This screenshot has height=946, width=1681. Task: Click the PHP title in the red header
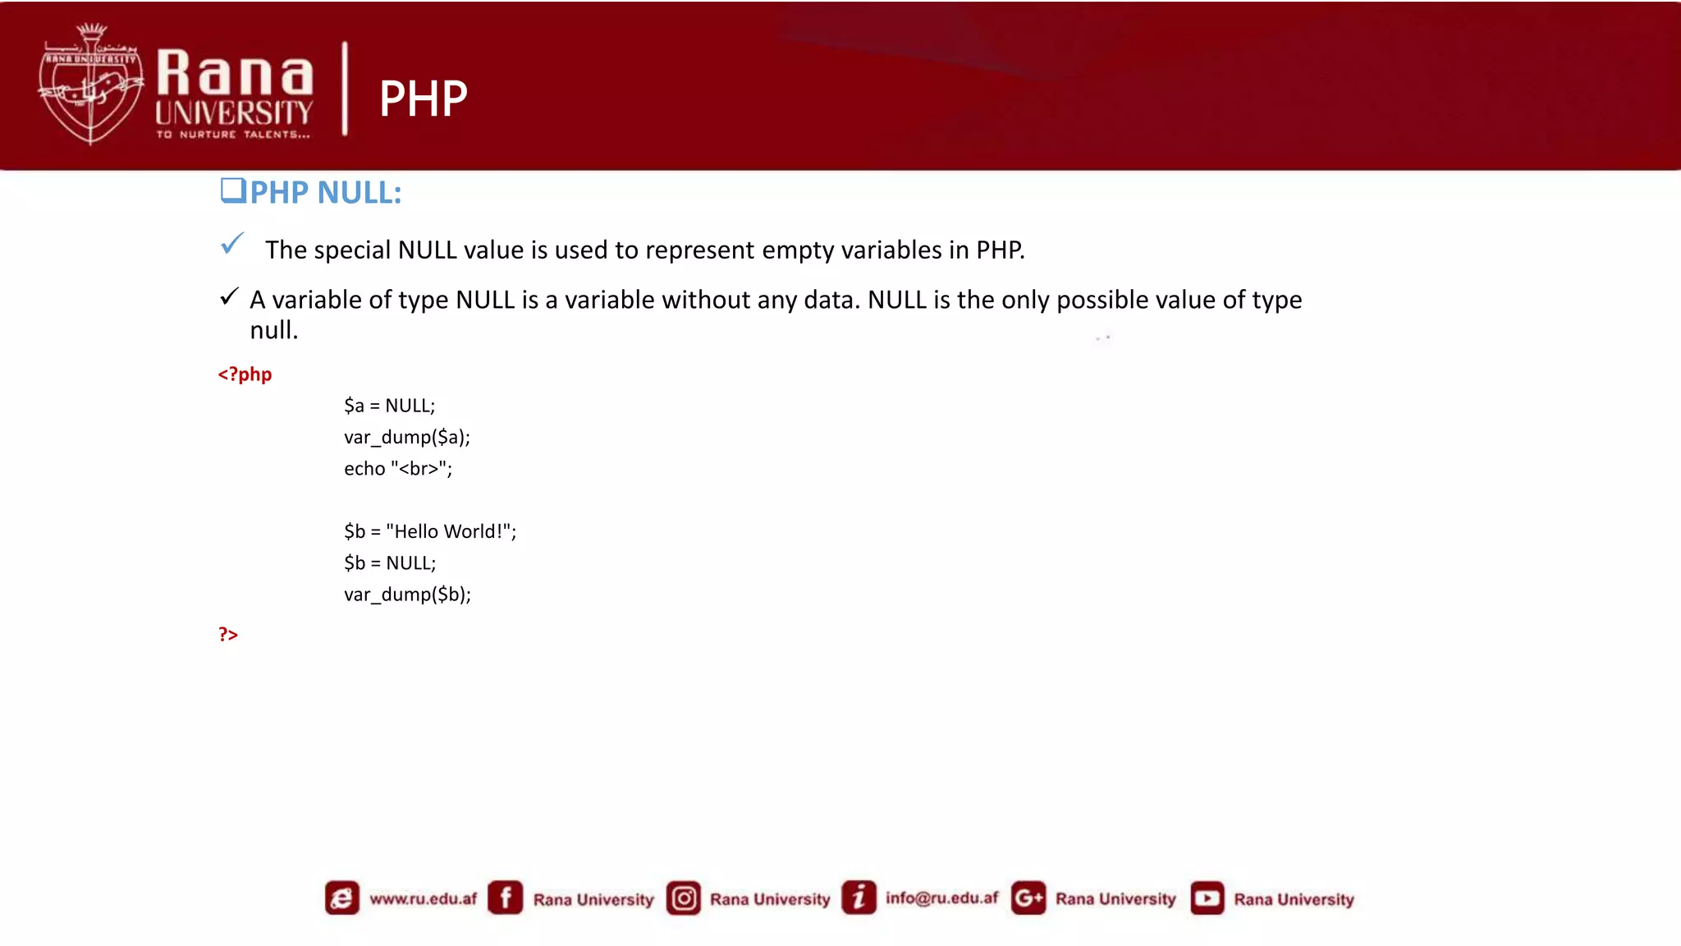click(423, 99)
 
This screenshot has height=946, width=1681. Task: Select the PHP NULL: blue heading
click(325, 192)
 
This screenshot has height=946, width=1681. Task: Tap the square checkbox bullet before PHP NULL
click(232, 191)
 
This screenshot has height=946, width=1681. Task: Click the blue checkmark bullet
click(232, 244)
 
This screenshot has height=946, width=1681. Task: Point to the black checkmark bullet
click(229, 296)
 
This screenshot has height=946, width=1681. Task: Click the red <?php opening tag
click(245, 374)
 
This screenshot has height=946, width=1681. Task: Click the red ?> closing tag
click(228, 634)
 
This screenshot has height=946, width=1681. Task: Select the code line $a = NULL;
click(389, 406)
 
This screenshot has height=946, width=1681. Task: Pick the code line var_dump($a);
click(406, 437)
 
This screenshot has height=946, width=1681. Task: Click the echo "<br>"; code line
click(397, 468)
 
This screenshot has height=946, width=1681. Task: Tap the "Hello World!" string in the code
click(448, 531)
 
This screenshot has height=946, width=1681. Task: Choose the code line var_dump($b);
click(407, 595)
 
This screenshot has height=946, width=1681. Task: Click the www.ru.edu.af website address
click(423, 898)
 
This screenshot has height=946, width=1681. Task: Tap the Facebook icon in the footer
click(505, 898)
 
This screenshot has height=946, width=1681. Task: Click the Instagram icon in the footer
click(683, 898)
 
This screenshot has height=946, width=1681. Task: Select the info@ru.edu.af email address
click(941, 898)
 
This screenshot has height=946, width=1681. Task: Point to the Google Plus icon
click(1028, 898)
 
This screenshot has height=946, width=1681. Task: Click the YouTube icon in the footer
click(1207, 898)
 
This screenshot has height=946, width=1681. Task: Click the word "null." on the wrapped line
click(273, 330)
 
